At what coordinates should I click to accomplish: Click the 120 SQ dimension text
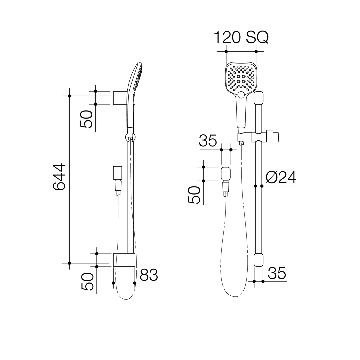tap(241, 37)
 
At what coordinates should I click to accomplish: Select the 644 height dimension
tap(59, 177)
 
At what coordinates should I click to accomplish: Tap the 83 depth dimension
tap(149, 275)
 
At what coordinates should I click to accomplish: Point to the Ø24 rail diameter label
tap(281, 178)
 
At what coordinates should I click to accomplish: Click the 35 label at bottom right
tap(277, 273)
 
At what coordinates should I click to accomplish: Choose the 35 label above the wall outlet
tap(208, 141)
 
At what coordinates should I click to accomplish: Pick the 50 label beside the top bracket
tap(86, 119)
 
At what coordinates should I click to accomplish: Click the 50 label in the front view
tap(194, 195)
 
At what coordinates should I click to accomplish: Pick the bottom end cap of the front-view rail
tap(259, 260)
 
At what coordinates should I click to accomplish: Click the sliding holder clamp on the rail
tap(259, 137)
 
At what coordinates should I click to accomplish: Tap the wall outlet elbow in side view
tap(117, 173)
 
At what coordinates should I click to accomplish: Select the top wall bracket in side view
tap(119, 98)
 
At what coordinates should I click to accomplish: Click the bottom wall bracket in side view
tap(124, 260)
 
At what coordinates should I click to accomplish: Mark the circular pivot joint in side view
tap(130, 137)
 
